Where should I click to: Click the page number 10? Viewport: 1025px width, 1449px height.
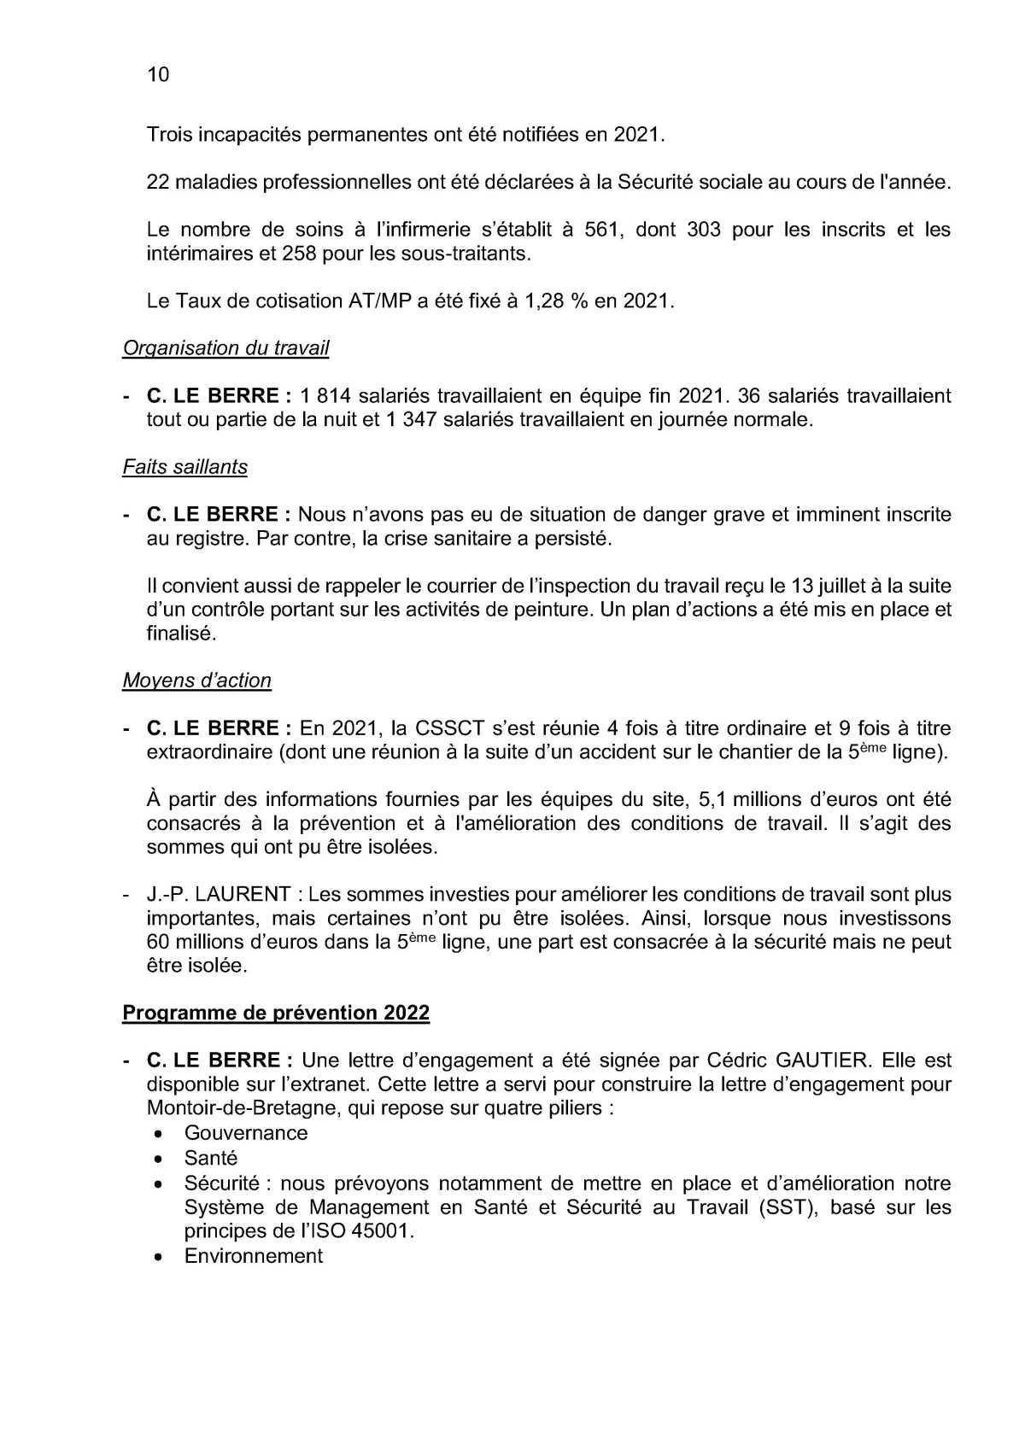click(158, 75)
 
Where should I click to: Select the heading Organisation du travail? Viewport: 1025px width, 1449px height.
click(225, 348)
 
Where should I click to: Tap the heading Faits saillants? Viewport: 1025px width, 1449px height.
click(184, 467)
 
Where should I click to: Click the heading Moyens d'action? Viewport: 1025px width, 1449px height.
click(196, 681)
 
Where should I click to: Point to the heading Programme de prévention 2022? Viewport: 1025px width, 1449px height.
click(276, 1013)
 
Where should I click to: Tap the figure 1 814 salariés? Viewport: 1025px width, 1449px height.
click(325, 396)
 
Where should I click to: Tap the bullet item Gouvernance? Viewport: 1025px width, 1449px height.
click(246, 1133)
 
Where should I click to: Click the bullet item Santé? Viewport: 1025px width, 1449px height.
click(211, 1159)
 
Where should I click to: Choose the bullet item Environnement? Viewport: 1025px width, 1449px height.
click(254, 1256)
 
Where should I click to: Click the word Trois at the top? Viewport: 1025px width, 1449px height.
click(169, 135)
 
